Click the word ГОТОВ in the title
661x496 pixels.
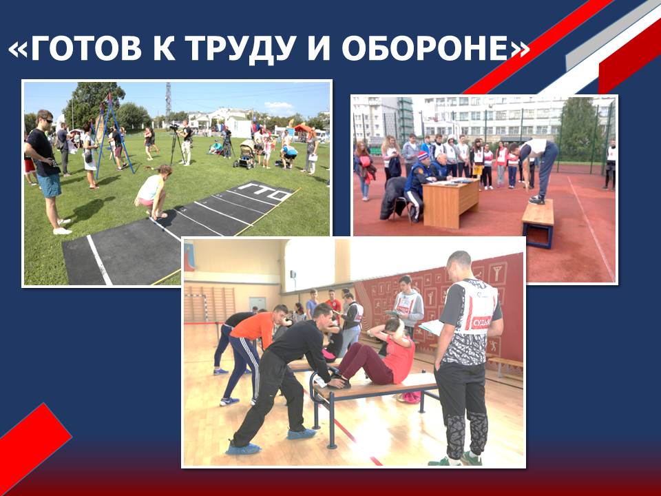87,48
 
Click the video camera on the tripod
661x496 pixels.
174,127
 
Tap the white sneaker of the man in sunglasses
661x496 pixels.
62,231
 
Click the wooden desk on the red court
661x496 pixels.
450,204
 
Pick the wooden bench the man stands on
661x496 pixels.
538,223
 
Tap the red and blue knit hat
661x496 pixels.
423,156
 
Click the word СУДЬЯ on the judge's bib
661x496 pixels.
481,322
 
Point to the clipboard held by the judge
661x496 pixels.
432,327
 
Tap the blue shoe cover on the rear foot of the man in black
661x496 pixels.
244,448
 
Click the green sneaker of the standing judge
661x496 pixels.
471,459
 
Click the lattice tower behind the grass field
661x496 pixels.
168,102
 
